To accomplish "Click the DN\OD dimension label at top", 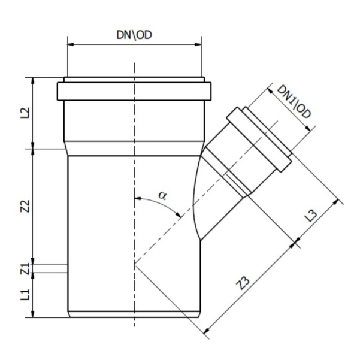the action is pos(134,35).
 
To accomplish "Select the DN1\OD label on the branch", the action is pos(294,102).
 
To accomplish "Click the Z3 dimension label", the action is pos(243,283).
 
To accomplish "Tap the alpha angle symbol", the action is pos(162,195).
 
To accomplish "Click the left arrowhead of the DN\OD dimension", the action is pos(71,44).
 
